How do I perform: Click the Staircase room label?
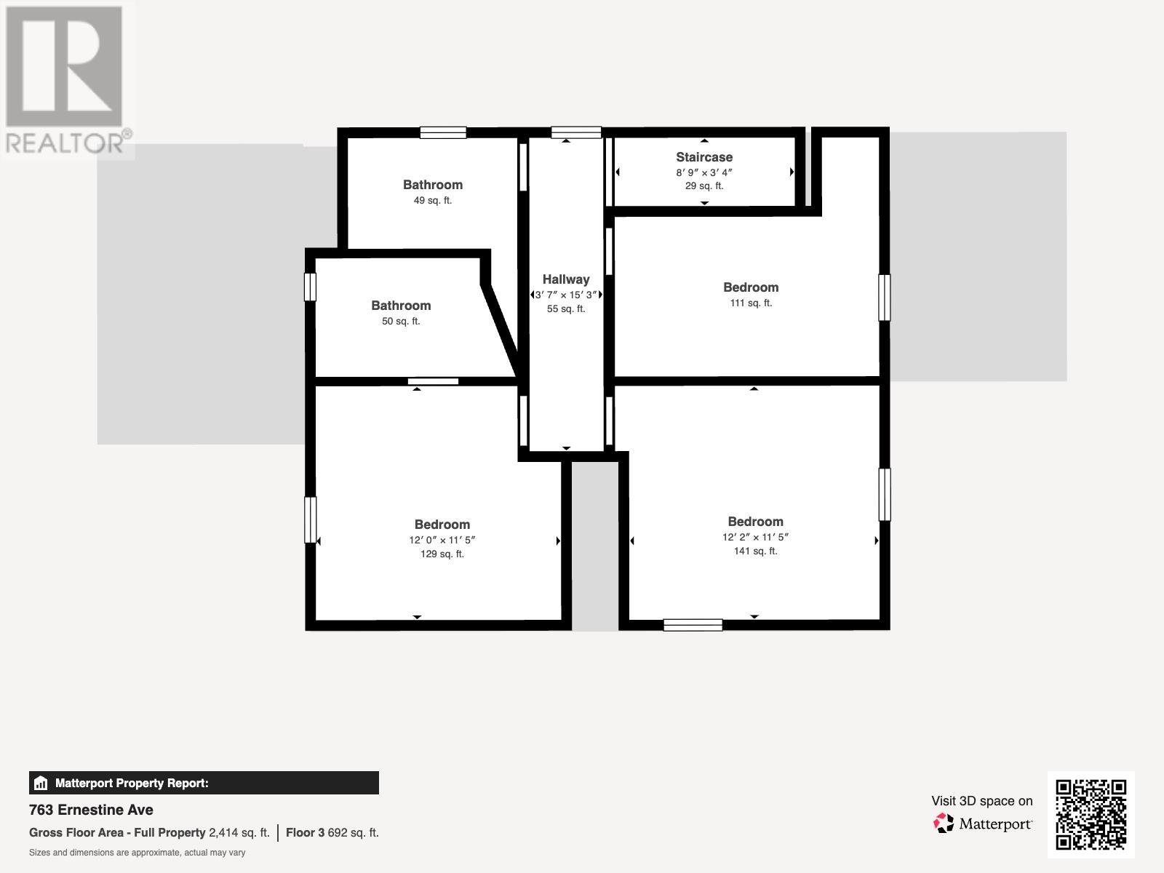[x=703, y=157]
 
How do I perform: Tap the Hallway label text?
[x=565, y=279]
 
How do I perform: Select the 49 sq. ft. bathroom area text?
[x=433, y=201]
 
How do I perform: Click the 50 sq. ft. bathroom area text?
[x=401, y=322]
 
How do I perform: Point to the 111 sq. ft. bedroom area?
[x=751, y=303]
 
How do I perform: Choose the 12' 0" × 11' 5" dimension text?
[x=442, y=541]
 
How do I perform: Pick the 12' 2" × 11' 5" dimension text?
[x=755, y=538]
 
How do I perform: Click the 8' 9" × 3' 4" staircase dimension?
[x=703, y=173]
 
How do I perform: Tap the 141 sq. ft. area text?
[x=755, y=551]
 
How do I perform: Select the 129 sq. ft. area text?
[x=442, y=554]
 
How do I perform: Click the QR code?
[x=1091, y=814]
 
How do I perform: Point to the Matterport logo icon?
[x=944, y=824]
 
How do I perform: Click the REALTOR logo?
[x=67, y=80]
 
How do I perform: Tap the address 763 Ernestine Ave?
[x=91, y=810]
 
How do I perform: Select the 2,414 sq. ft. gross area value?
[x=239, y=833]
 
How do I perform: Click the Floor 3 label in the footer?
[x=305, y=833]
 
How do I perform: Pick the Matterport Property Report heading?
[x=132, y=784]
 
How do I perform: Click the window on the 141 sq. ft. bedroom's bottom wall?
[x=693, y=625]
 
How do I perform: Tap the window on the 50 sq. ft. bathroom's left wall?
[x=310, y=287]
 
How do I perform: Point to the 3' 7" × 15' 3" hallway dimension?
[x=566, y=295]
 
